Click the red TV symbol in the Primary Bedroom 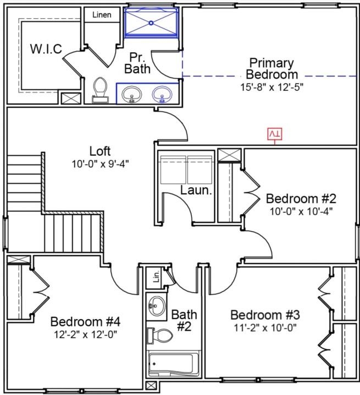click(x=275, y=134)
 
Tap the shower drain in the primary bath click(x=151, y=23)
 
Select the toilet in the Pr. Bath click(x=100, y=90)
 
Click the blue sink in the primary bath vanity click(x=162, y=94)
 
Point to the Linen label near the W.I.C click(x=102, y=15)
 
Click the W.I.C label click(x=46, y=48)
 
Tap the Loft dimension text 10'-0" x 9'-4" click(x=100, y=164)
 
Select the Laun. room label click(x=196, y=190)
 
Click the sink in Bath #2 click(x=156, y=306)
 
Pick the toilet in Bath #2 click(x=159, y=336)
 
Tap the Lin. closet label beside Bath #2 click(x=156, y=276)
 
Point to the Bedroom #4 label click(x=85, y=322)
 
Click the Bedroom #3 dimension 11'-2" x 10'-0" click(x=265, y=328)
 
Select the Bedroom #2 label click(x=301, y=199)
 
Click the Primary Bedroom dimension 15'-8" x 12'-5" click(x=272, y=87)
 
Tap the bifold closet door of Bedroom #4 click(x=40, y=292)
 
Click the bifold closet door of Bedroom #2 click(x=251, y=193)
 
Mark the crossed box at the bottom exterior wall click(x=151, y=386)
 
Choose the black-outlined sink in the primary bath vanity click(x=132, y=95)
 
